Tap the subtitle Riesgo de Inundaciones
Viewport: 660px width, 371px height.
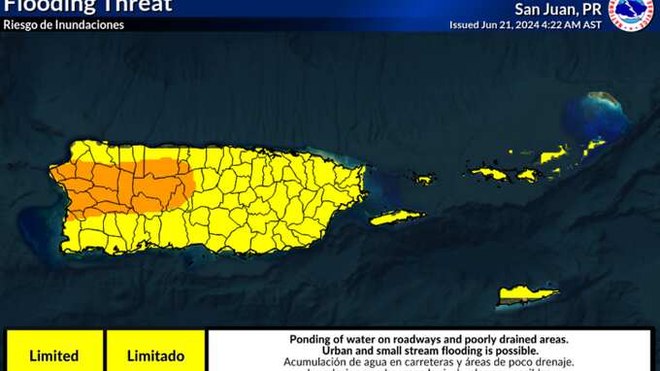(x=64, y=24)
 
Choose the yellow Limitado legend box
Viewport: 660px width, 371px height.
(x=155, y=354)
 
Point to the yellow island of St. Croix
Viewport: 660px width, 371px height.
(x=528, y=293)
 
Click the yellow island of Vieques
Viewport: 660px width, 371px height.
(x=396, y=218)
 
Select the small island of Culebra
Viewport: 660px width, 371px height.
(x=423, y=179)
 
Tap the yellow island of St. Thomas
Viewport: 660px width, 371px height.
(x=488, y=174)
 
